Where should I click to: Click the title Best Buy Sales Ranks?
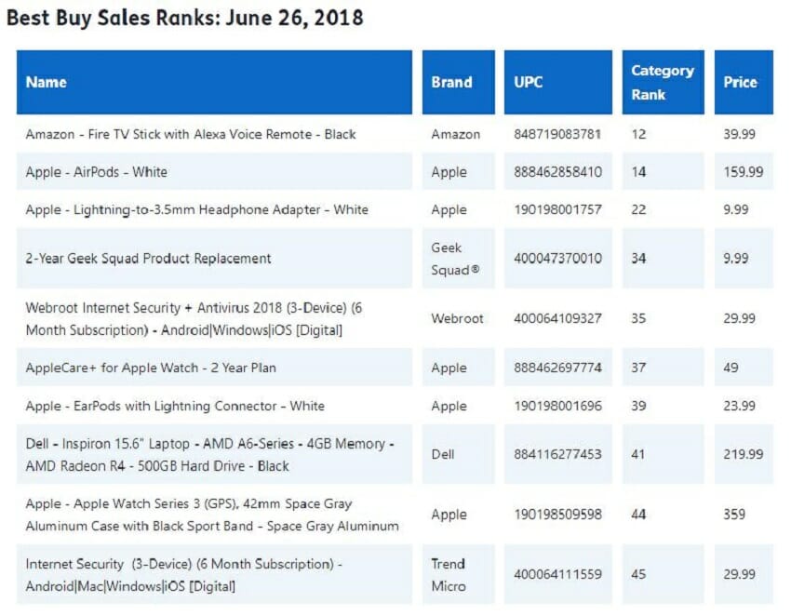click(x=185, y=17)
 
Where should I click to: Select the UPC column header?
click(x=529, y=82)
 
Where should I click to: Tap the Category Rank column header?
click(x=662, y=82)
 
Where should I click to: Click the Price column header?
click(x=740, y=82)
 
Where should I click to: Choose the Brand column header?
click(x=451, y=82)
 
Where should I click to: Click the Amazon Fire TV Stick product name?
click(x=191, y=134)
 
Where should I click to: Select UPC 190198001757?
click(x=557, y=209)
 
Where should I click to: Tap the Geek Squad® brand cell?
click(x=447, y=258)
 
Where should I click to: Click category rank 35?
click(x=638, y=318)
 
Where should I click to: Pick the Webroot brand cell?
click(x=457, y=318)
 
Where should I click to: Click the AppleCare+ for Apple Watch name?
click(x=151, y=368)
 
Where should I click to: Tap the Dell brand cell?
click(x=442, y=454)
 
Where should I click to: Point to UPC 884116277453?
click(x=557, y=454)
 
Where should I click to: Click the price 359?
click(x=735, y=514)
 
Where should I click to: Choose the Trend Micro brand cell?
click(x=448, y=574)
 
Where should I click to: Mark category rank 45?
click(x=638, y=574)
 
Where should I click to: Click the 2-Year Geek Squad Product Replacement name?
click(x=149, y=258)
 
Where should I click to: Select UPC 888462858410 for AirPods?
click(x=557, y=172)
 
